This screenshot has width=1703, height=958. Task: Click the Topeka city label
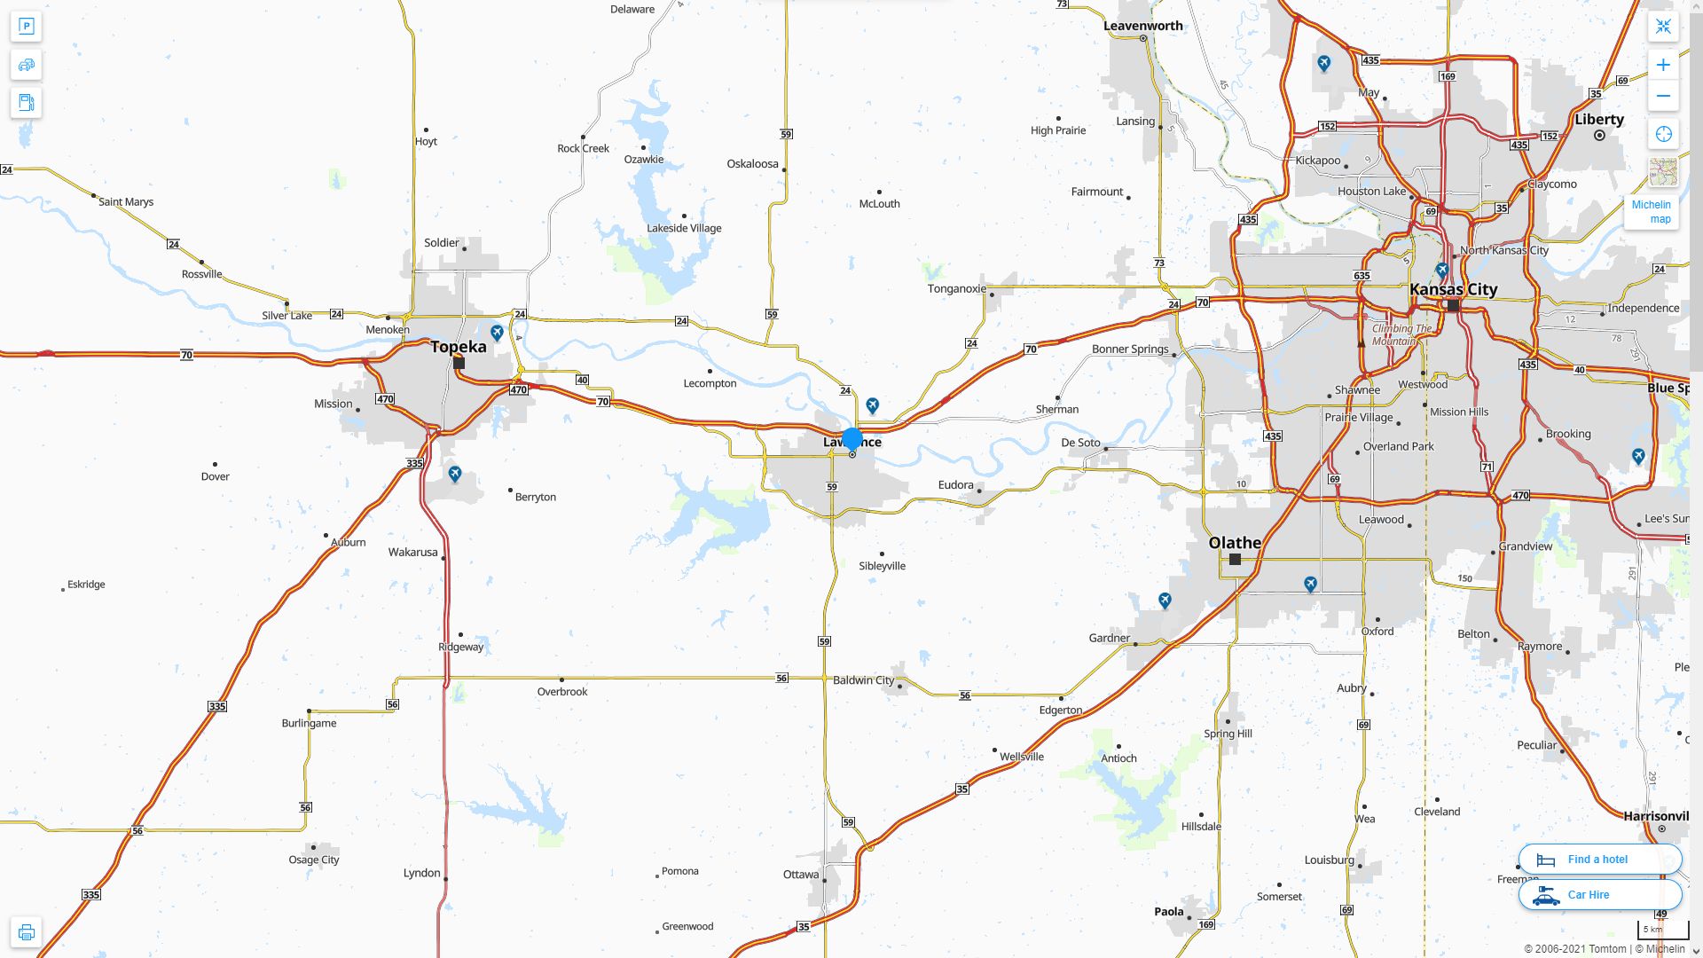tap(459, 347)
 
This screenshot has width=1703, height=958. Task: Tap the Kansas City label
tap(1453, 289)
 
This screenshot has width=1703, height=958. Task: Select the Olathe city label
tap(1235, 543)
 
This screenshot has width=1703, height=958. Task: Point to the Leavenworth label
tap(1142, 26)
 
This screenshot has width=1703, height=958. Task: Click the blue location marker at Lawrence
tap(852, 438)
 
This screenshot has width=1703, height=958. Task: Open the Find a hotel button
tap(1599, 860)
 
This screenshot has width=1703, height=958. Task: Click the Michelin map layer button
tap(1651, 211)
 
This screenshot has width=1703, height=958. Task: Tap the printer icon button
tap(26, 932)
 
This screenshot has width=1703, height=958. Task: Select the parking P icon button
tap(26, 27)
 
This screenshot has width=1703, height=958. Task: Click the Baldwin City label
tap(863, 680)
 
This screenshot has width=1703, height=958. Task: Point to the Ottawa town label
tap(801, 875)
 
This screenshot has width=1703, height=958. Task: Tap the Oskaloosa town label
tap(752, 164)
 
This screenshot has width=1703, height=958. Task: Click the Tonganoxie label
tap(956, 288)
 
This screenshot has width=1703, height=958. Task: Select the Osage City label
tap(314, 860)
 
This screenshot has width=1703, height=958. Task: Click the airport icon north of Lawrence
tap(873, 405)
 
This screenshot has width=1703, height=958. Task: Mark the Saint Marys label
tap(126, 202)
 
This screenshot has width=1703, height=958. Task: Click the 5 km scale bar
tap(1662, 930)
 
